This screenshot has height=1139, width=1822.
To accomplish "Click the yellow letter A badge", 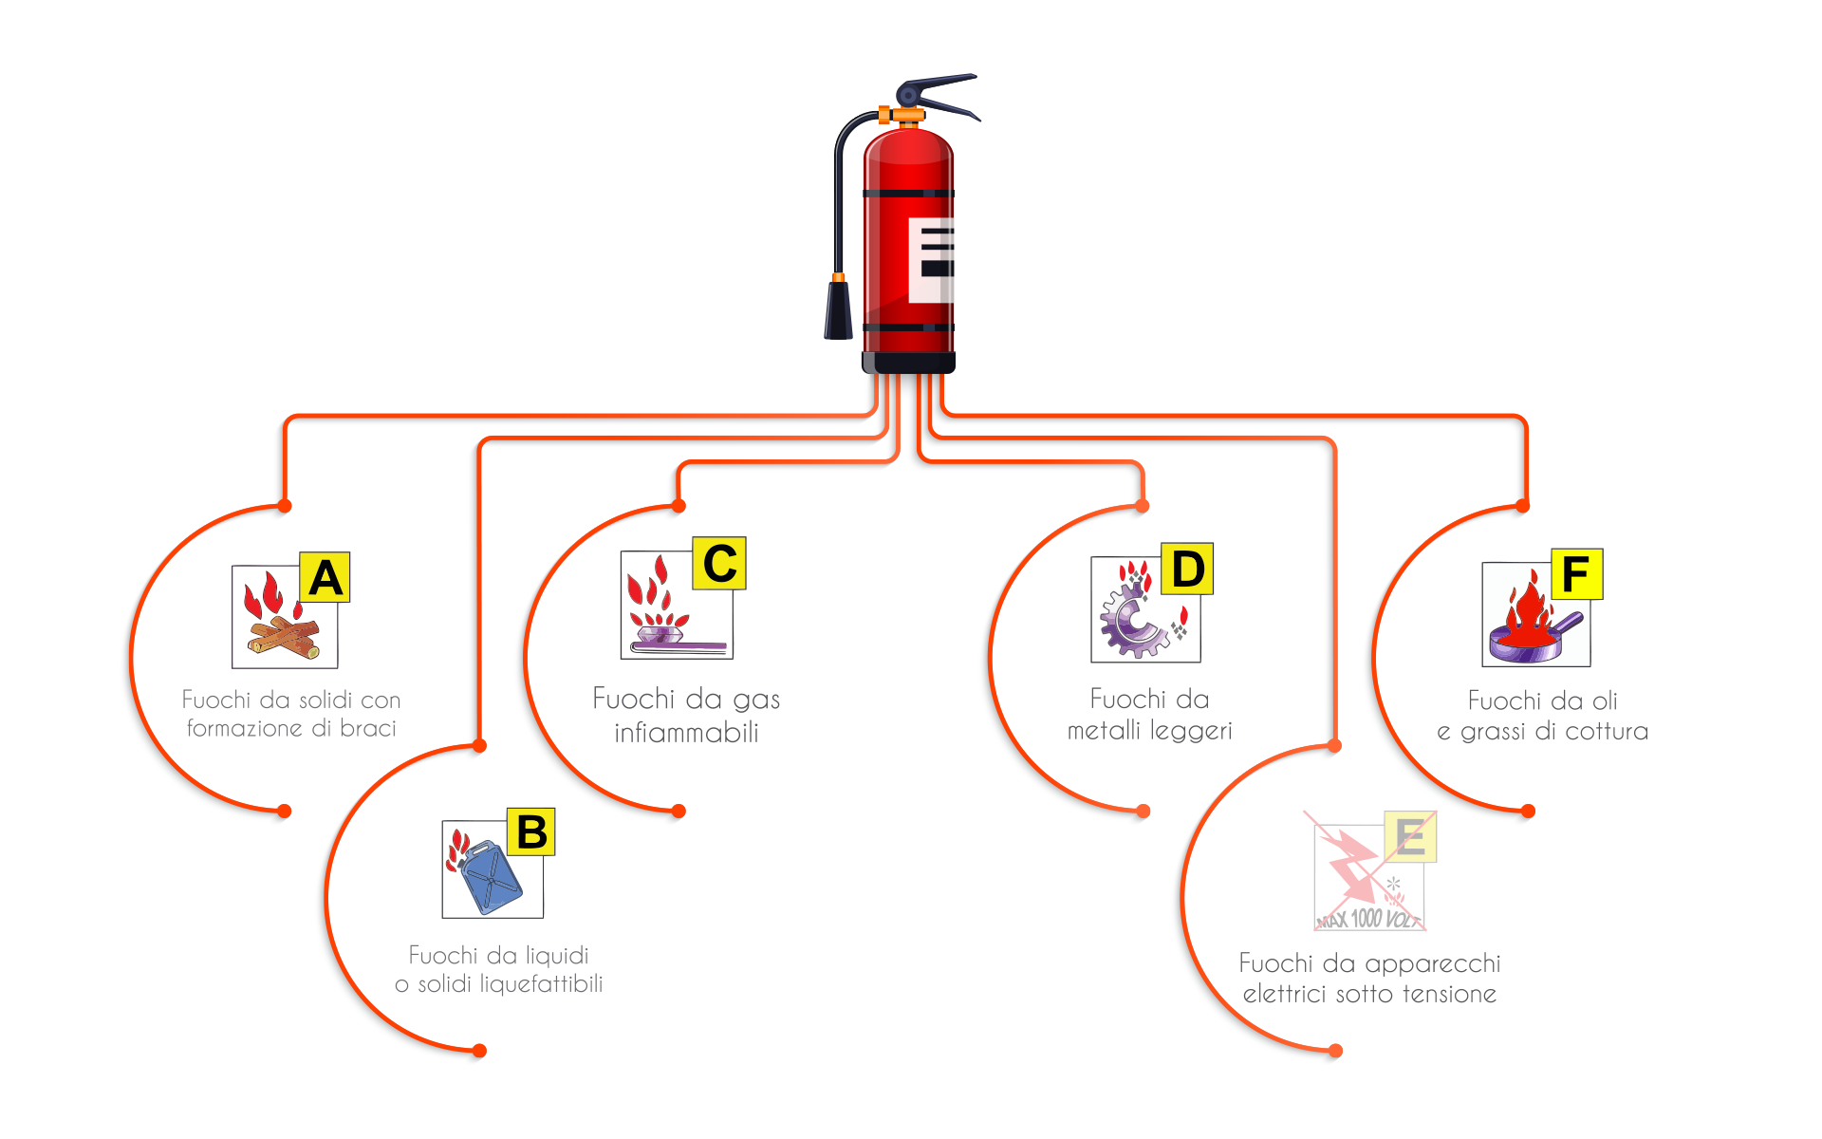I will tap(325, 577).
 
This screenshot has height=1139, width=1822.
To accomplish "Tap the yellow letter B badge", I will tap(530, 831).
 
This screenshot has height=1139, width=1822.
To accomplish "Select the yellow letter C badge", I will tap(719, 563).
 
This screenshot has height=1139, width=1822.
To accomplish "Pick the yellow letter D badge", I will tap(1187, 569).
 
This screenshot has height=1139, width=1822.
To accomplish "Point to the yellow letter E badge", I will tap(1410, 836).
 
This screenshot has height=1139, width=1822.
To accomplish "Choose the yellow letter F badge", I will tap(1576, 573).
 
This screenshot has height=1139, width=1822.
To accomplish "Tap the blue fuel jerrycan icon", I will tap(490, 878).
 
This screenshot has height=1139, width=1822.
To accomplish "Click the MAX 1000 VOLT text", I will tap(1367, 918).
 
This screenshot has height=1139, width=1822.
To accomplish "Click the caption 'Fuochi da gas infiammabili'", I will tap(686, 715).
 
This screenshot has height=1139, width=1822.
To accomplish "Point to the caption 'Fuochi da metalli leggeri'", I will tap(1149, 715).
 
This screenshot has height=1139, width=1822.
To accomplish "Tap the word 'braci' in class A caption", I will tap(367, 728).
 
